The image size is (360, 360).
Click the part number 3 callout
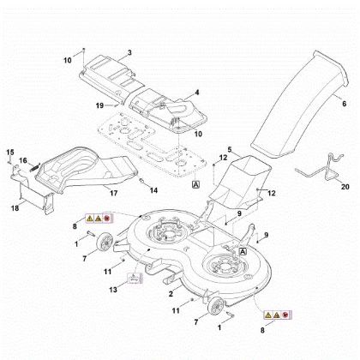(129, 53)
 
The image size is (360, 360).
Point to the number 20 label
(345, 186)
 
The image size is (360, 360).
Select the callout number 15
(9, 152)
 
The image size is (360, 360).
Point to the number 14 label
(154, 189)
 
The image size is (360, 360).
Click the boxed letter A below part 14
(195, 184)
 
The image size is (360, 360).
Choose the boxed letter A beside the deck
(243, 252)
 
